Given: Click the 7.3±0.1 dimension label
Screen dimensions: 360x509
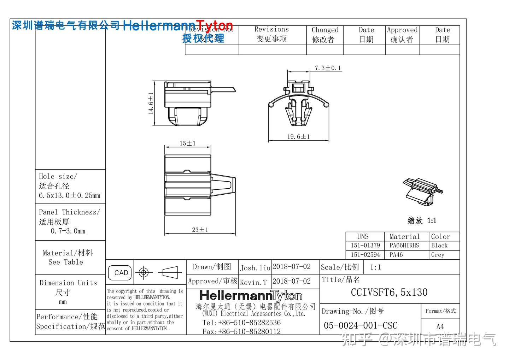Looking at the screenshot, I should [328, 68].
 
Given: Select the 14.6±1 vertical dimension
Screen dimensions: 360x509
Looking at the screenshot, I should [151, 103].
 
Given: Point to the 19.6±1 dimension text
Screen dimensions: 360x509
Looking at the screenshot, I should [298, 137].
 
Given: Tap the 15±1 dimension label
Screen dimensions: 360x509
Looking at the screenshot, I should [187, 143].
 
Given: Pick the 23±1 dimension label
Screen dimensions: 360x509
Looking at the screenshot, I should [200, 230].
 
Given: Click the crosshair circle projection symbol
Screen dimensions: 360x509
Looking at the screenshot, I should [144, 273].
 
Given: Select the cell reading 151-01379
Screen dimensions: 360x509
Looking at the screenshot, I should [365, 246].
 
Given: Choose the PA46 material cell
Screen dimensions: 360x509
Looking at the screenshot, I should [396, 255].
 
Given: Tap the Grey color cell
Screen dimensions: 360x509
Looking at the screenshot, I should [438, 255].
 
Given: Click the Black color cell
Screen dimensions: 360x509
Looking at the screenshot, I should [439, 246].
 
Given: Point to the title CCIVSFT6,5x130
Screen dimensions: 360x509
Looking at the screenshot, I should [389, 293].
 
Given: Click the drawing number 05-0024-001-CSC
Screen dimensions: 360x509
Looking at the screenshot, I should [361, 325].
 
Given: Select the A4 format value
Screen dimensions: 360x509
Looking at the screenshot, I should [440, 326].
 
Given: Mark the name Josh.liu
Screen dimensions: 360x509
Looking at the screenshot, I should [255, 268].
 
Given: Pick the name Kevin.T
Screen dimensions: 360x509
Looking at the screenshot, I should [253, 282].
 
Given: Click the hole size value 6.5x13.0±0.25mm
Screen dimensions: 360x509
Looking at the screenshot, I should [70, 195].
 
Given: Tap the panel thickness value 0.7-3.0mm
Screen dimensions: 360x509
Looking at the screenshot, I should [68, 231].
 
